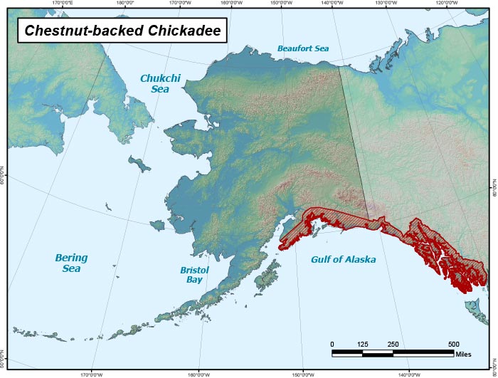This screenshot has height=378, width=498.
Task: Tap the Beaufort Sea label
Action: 303,48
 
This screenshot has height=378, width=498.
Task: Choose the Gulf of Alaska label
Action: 343,260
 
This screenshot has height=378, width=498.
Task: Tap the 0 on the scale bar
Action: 332,345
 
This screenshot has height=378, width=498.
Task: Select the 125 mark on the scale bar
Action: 362,345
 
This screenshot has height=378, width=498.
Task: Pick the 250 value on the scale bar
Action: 393,345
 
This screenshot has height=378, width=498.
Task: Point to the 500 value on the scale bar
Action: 453,345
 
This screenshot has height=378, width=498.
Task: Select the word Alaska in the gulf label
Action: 359,260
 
